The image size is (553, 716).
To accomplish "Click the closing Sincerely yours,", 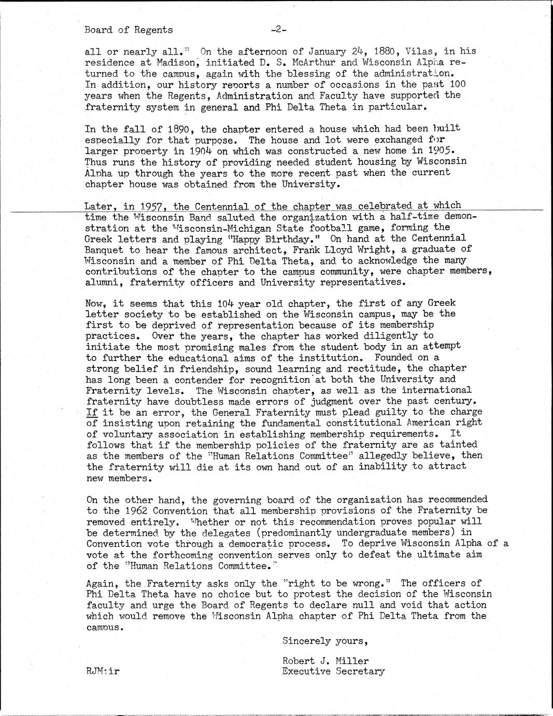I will pos(325,641).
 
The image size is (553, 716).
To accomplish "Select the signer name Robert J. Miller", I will pos(325,661).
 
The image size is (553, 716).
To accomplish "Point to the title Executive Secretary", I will pos(333,672).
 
